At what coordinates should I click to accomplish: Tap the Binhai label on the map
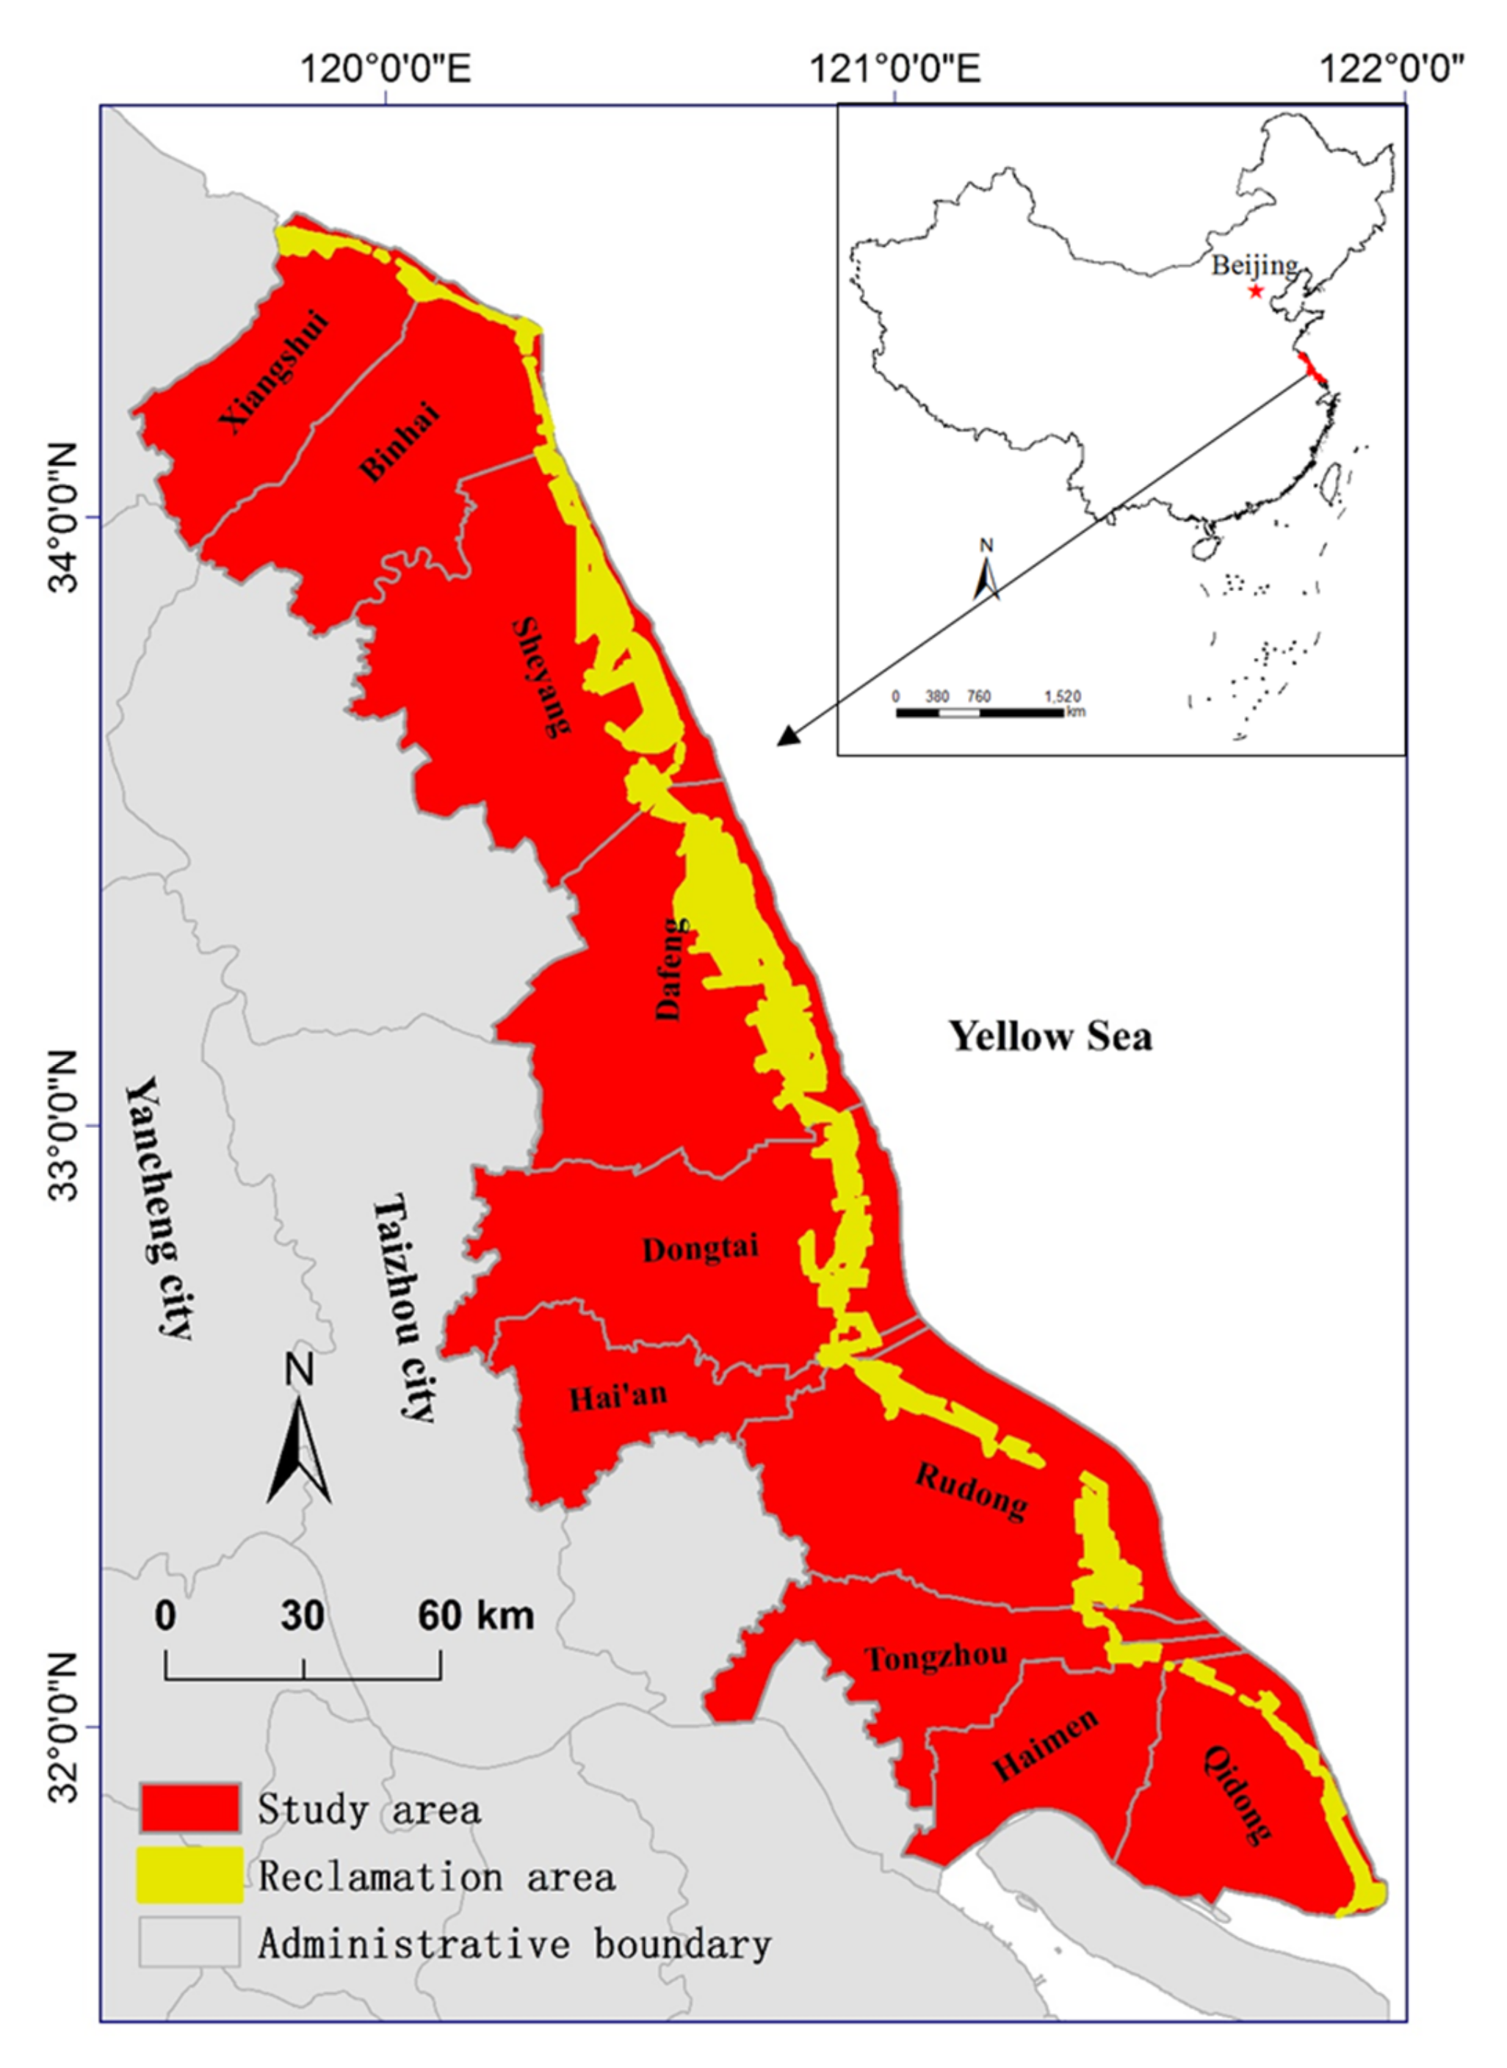[400, 441]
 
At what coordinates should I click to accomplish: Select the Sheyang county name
[542, 676]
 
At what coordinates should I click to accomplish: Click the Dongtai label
[700, 1248]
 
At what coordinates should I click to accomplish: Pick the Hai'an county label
[618, 1397]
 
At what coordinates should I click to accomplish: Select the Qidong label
[1236, 1793]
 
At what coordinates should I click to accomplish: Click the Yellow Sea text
[1051, 1036]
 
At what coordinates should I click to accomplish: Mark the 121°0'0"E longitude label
[896, 68]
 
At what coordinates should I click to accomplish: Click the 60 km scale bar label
[475, 1616]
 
